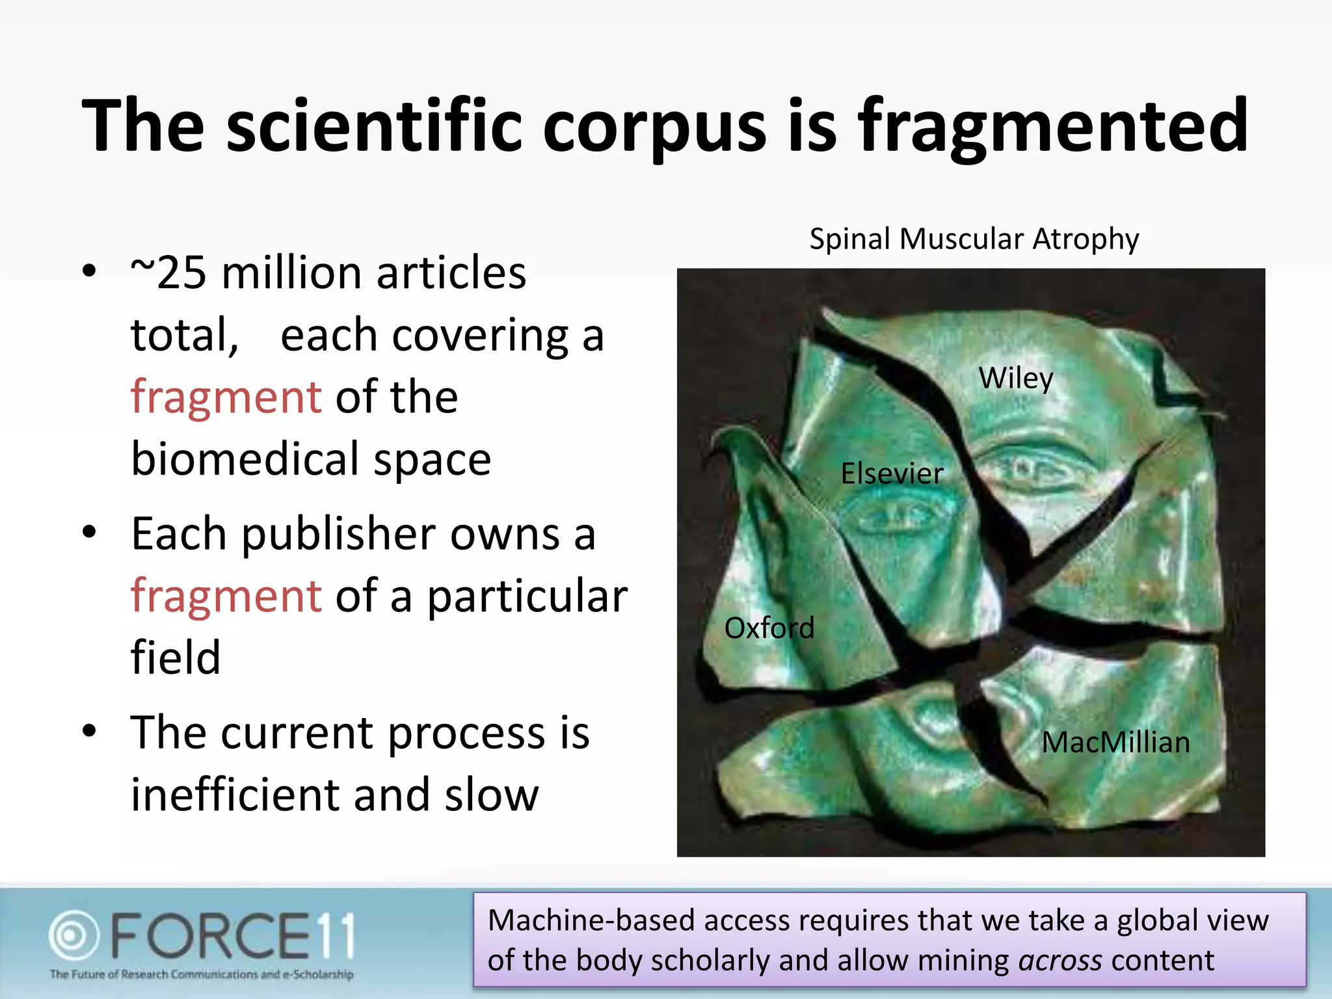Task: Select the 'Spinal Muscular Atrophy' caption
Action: (x=974, y=239)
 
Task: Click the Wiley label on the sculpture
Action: (x=1016, y=379)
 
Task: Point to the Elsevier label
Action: (x=892, y=473)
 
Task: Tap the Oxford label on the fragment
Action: (x=769, y=628)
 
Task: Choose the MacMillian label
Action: (x=1115, y=742)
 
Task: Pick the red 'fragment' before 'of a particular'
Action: (x=226, y=596)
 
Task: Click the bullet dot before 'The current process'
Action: (x=89, y=730)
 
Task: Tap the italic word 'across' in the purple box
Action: (x=1059, y=961)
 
